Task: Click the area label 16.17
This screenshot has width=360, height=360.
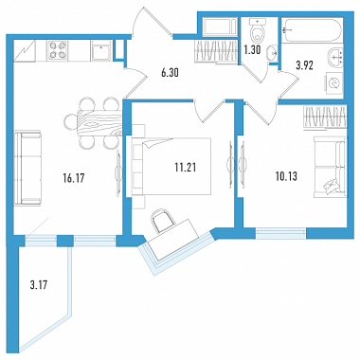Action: click(x=74, y=178)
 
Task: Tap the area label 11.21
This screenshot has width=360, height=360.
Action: click(x=186, y=168)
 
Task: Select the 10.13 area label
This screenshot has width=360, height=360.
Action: click(x=287, y=176)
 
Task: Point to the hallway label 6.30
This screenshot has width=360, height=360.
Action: click(x=170, y=73)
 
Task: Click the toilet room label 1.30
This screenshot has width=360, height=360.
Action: click(x=252, y=50)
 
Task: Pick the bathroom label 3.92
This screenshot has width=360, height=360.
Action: click(x=305, y=66)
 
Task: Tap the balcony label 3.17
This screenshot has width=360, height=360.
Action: click(x=39, y=285)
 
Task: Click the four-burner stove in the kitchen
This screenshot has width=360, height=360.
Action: click(x=58, y=50)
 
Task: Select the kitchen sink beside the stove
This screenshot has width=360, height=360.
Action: click(x=101, y=51)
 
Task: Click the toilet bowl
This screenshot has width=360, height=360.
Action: click(x=258, y=30)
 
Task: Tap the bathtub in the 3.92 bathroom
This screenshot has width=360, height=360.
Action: click(x=312, y=30)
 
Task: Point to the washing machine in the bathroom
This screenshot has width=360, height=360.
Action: click(x=333, y=83)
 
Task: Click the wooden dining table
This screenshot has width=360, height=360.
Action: click(x=99, y=122)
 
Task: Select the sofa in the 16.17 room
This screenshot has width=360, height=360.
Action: click(x=27, y=169)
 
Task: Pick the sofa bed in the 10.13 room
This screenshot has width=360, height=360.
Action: click(x=330, y=168)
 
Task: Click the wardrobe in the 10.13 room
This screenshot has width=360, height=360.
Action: click(x=325, y=117)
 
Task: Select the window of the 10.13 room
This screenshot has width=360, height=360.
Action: click(x=280, y=233)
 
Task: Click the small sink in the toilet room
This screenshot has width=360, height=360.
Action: click(x=272, y=53)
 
